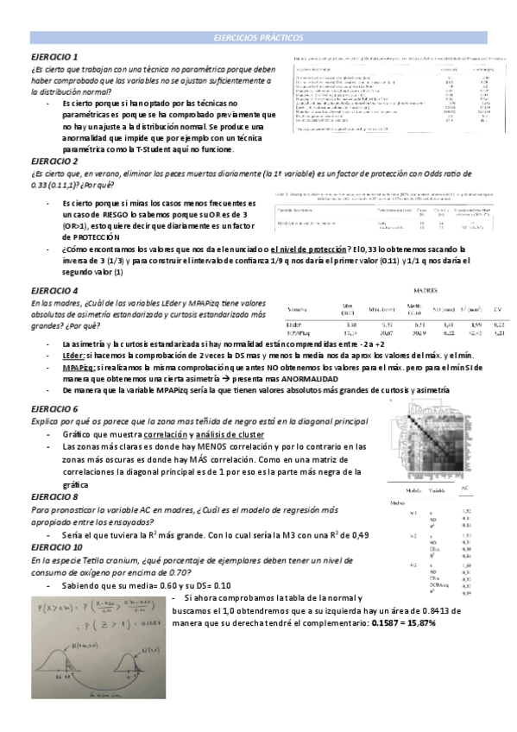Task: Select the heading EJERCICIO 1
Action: pos(54,56)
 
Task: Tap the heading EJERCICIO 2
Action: pos(54,161)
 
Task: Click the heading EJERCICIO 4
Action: pos(54,291)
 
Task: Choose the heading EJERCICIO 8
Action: pos(54,497)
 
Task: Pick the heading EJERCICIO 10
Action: pos(57,547)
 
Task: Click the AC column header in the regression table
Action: pos(465,489)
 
